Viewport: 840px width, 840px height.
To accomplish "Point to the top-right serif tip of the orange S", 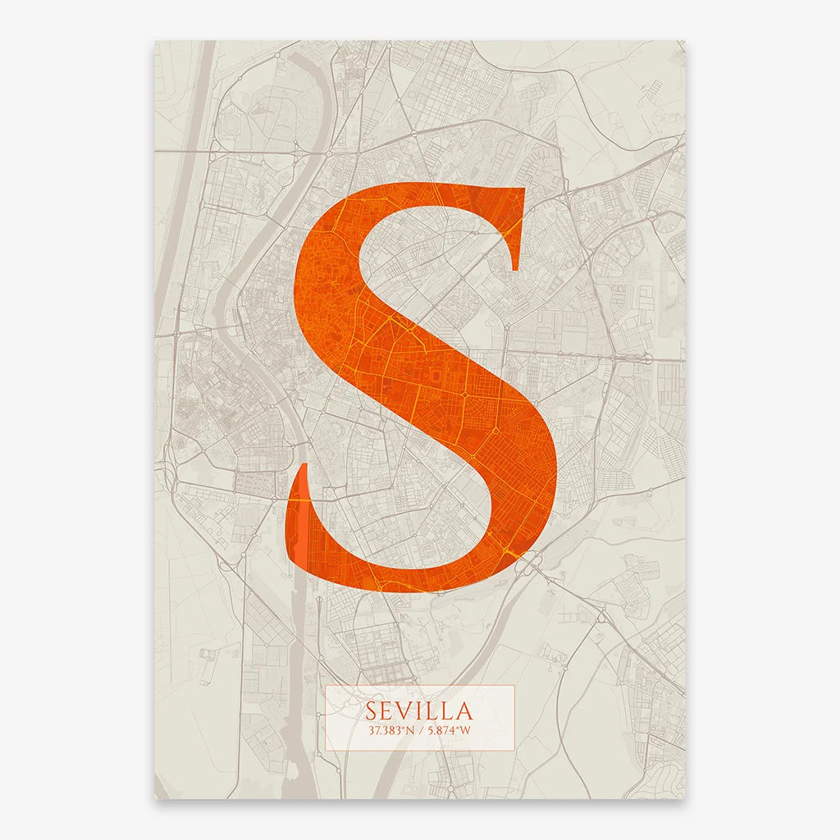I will tap(522, 190).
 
